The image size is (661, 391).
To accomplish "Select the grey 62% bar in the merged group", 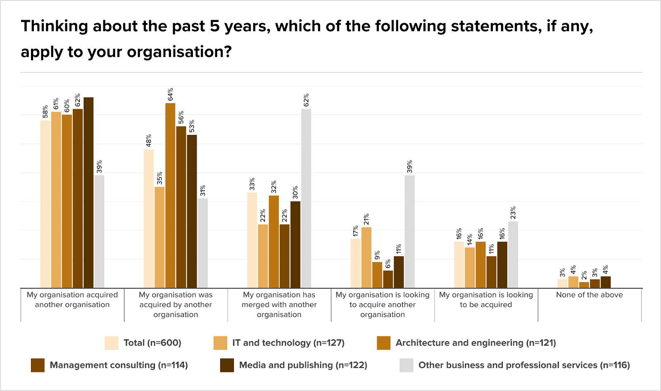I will click(x=306, y=198).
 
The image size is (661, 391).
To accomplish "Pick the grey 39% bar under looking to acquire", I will click(x=409, y=231).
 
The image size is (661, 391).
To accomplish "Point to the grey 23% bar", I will click(x=513, y=254).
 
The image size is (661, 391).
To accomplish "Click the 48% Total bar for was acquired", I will click(x=149, y=218).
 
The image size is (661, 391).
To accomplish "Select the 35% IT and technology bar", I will click(x=159, y=237).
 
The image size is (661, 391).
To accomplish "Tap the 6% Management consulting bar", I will click(x=388, y=279).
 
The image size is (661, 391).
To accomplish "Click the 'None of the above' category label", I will click(x=589, y=295).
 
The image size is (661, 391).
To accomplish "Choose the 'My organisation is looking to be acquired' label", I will click(x=486, y=300).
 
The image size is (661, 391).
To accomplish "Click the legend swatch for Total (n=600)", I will click(x=112, y=343).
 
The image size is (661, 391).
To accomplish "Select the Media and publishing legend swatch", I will click(x=227, y=365).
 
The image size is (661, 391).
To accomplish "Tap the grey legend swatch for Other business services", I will click(x=406, y=365).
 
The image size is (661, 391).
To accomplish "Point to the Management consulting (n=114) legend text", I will click(x=119, y=365).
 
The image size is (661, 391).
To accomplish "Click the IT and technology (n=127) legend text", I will click(x=288, y=343).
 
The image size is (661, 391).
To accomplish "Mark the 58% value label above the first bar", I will click(x=45, y=111).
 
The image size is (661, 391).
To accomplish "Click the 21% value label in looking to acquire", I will click(x=366, y=219).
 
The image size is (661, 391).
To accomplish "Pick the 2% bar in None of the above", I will click(x=584, y=285).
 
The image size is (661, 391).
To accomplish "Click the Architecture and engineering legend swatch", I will click(x=383, y=343).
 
